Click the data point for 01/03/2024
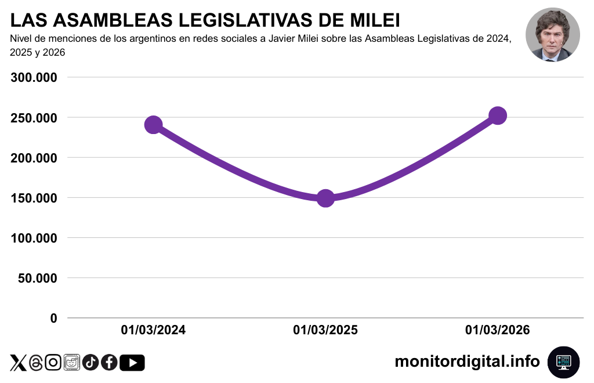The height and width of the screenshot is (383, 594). (x=153, y=125)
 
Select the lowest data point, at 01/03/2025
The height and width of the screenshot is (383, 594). (x=325, y=198)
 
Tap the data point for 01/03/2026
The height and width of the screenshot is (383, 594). (x=497, y=115)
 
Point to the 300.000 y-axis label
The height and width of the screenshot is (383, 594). (x=34, y=78)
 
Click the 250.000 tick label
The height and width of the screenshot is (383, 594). (x=34, y=118)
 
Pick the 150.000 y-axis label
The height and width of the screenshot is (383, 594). (x=34, y=198)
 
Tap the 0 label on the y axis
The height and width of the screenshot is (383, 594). (x=54, y=318)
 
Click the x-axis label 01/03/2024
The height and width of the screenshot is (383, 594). (x=153, y=330)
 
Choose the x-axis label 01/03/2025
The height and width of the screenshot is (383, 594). (x=325, y=330)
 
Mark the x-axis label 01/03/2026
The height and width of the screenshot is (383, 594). (x=497, y=330)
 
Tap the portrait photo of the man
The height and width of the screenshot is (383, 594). (x=552, y=35)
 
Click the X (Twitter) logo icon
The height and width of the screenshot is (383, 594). (x=19, y=363)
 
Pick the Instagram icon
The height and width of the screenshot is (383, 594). (x=53, y=363)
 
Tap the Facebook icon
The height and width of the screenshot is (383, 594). (x=109, y=363)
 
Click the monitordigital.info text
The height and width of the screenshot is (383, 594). (x=467, y=362)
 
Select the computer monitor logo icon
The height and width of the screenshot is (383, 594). (x=563, y=362)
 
